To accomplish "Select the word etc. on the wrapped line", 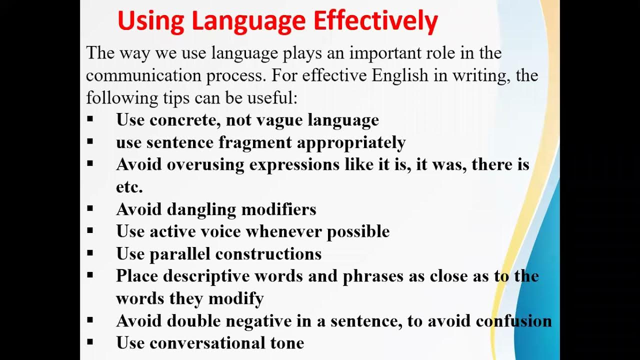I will coord(129,186).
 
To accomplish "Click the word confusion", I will coord(514,320).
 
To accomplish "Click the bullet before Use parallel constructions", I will coord(90,253).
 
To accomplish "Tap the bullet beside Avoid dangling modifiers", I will coord(90,208).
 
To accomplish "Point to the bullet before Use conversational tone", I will coord(90,342).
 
